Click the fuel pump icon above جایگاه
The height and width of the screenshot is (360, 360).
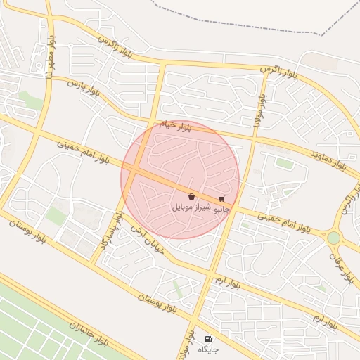pos(207,339)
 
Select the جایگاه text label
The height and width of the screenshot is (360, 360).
pos(208,349)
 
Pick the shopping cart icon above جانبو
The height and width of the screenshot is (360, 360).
pos(222,199)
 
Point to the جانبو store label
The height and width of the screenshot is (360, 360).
pos(222,209)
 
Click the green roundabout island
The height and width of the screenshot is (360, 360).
pos(333,238)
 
